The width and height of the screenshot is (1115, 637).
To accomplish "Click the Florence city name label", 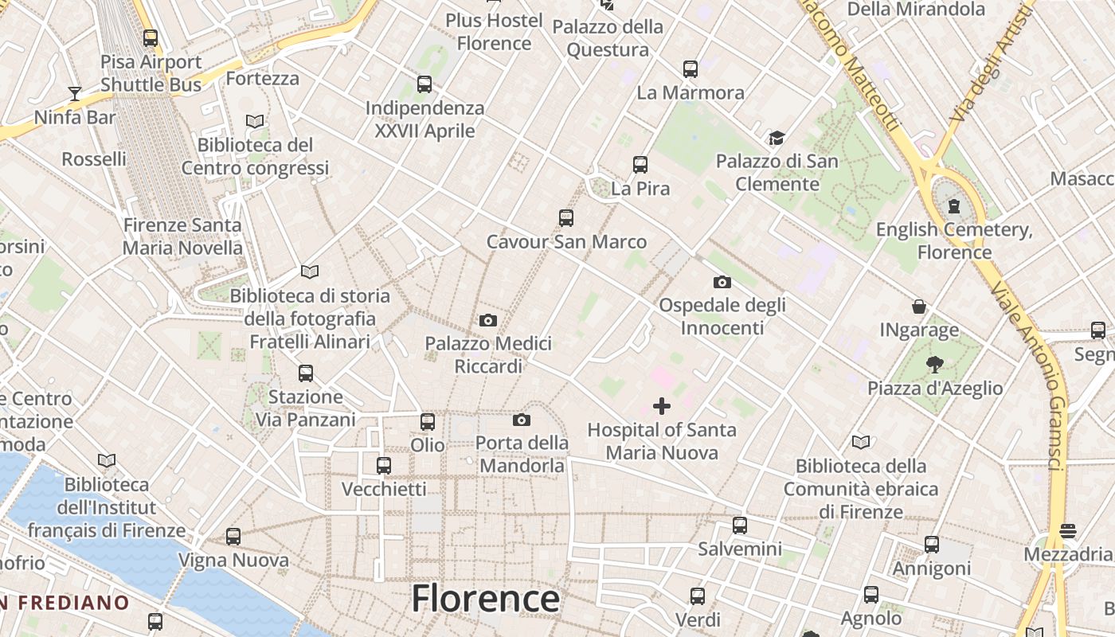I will click(x=485, y=599).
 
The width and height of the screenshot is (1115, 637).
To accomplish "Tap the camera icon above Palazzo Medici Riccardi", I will click(x=488, y=320).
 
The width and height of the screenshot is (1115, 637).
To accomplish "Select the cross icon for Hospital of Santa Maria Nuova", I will click(x=661, y=407).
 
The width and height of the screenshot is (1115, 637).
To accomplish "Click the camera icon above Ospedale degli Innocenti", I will click(x=722, y=282).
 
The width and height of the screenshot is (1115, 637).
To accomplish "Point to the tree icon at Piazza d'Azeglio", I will click(x=935, y=365).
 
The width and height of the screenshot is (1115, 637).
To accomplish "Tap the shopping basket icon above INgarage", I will click(x=919, y=307).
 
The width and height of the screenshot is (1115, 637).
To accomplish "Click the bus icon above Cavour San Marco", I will click(x=566, y=218).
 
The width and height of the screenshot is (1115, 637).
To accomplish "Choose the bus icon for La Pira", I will click(x=640, y=165).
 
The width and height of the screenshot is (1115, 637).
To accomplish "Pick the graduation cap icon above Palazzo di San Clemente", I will click(x=777, y=139).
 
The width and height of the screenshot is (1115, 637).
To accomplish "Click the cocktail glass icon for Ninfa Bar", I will click(x=75, y=94).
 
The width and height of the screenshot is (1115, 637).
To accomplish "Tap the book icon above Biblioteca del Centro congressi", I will click(x=255, y=121).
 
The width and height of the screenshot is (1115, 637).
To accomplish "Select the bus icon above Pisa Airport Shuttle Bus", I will click(x=151, y=37).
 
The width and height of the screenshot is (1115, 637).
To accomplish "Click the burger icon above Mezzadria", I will click(x=1068, y=530).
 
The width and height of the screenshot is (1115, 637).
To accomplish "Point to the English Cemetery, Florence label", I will click(x=954, y=241).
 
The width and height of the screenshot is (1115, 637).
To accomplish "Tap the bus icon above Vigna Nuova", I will click(x=233, y=537).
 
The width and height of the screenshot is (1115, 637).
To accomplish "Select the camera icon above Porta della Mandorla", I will click(x=522, y=420).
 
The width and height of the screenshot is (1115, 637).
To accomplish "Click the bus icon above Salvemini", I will click(x=740, y=526).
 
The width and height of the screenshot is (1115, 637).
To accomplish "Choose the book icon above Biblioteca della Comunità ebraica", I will click(x=861, y=442).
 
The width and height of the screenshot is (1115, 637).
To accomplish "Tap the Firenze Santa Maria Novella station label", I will click(x=182, y=236).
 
